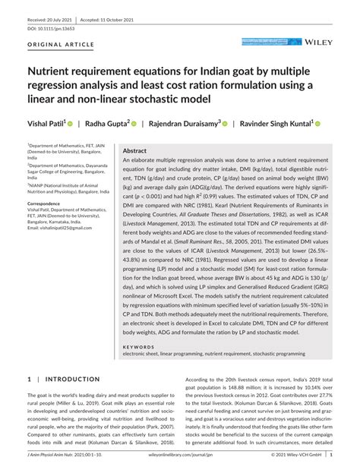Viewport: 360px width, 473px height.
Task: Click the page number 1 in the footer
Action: tap(350, 454)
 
